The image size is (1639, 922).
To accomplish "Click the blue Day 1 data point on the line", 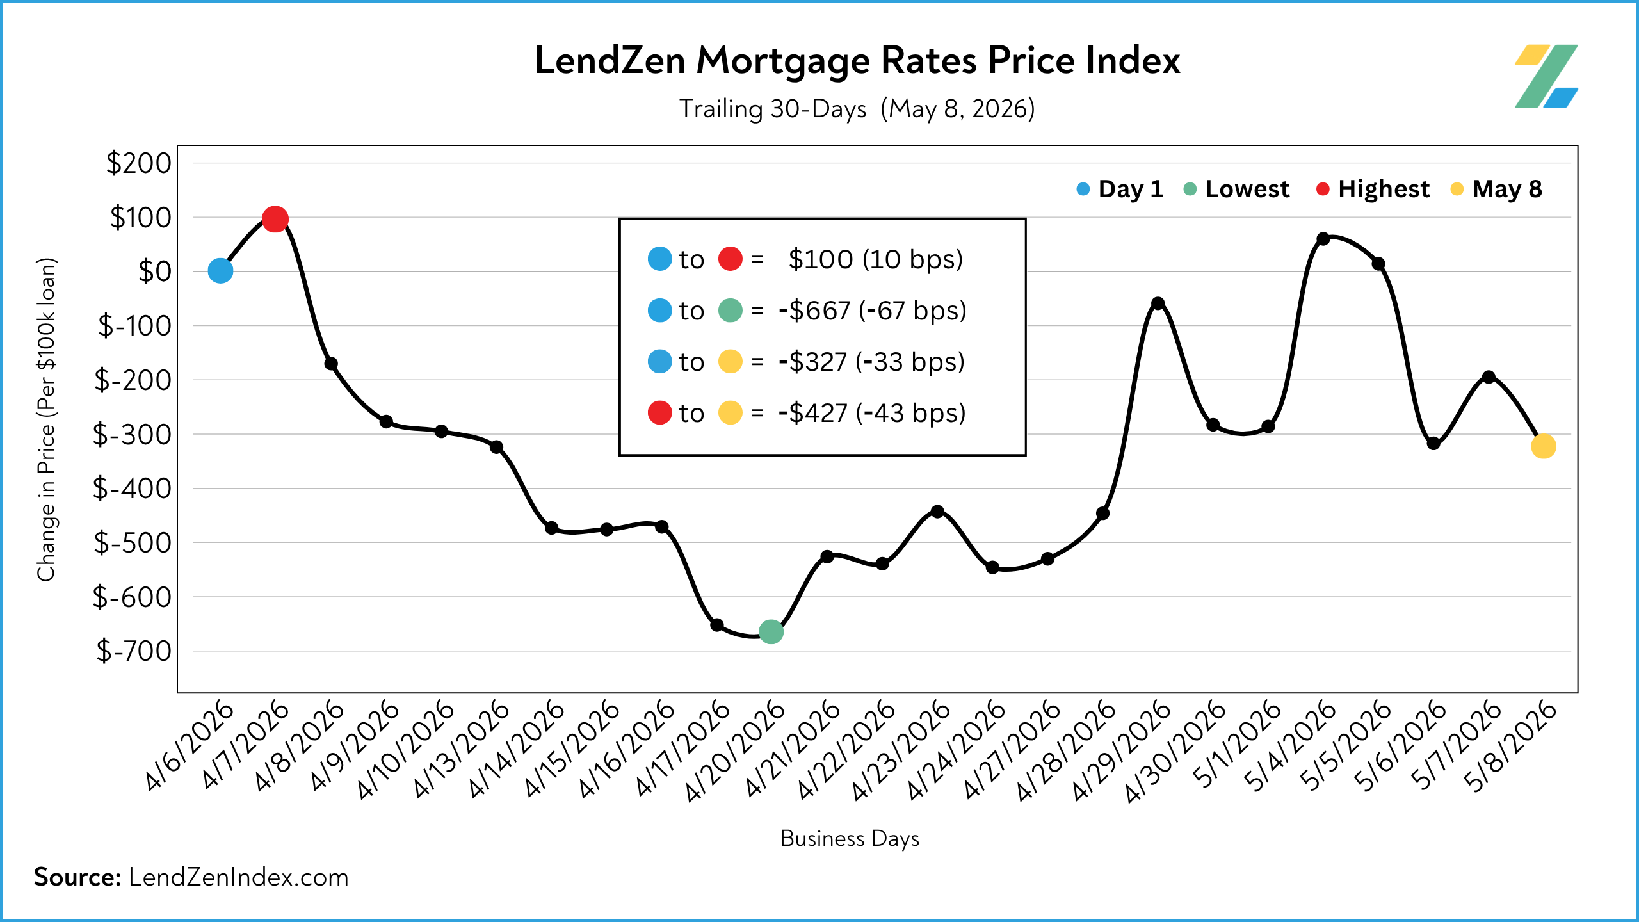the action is [220, 271].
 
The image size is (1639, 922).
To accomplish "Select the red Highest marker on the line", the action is [275, 219].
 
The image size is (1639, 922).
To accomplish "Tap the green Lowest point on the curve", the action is [771, 631].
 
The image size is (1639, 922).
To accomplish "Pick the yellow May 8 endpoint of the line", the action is [1544, 446].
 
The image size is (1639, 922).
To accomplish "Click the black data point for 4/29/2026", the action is [1158, 303].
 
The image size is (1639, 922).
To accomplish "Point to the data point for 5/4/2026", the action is [1323, 238].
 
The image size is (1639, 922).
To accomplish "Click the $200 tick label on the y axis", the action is [139, 163].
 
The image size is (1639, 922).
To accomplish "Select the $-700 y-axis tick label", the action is [134, 651].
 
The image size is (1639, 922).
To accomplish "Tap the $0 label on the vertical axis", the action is [155, 271].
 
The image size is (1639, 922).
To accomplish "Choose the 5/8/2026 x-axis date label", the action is [1510, 747].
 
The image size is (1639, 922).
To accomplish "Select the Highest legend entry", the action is [1373, 189].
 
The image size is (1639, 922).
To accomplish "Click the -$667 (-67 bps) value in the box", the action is [872, 311].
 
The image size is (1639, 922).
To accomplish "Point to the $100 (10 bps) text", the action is [876, 259].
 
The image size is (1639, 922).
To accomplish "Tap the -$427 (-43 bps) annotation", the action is [872, 413].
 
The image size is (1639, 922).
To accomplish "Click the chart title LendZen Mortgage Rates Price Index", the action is [857, 61].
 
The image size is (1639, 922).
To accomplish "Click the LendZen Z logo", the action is [1546, 76].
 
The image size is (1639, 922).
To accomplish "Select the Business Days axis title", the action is [850, 839].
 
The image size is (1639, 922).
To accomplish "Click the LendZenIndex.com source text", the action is [239, 877].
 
